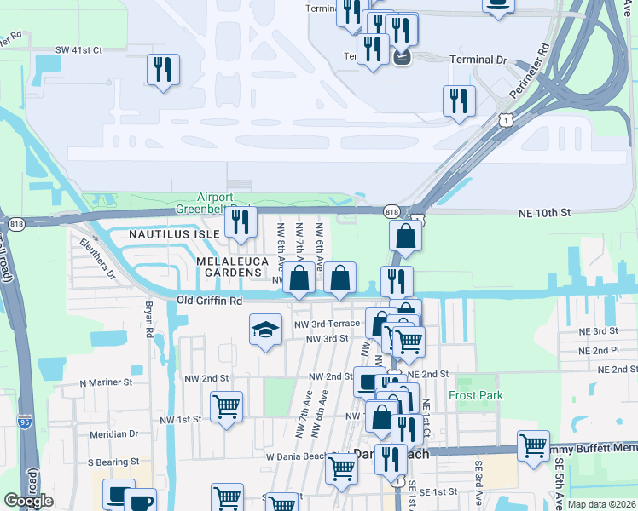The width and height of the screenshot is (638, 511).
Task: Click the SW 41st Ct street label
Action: point(78,50)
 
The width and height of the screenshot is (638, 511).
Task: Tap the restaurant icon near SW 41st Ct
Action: point(163,69)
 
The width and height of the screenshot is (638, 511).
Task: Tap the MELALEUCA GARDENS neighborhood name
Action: point(229,266)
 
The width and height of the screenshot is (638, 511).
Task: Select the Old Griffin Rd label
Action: point(210,301)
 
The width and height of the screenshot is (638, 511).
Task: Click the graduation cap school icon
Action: point(265,329)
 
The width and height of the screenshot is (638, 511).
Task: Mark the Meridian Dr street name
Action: point(114,433)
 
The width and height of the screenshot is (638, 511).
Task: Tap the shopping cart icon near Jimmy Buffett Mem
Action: point(533,445)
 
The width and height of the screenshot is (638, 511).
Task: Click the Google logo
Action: point(28,501)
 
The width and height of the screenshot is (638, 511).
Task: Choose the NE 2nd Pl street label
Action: point(598,350)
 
